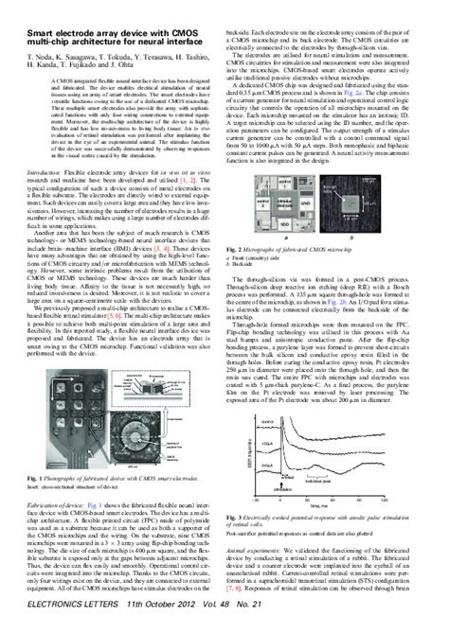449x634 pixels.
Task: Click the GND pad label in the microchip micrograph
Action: click(x=305, y=201)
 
